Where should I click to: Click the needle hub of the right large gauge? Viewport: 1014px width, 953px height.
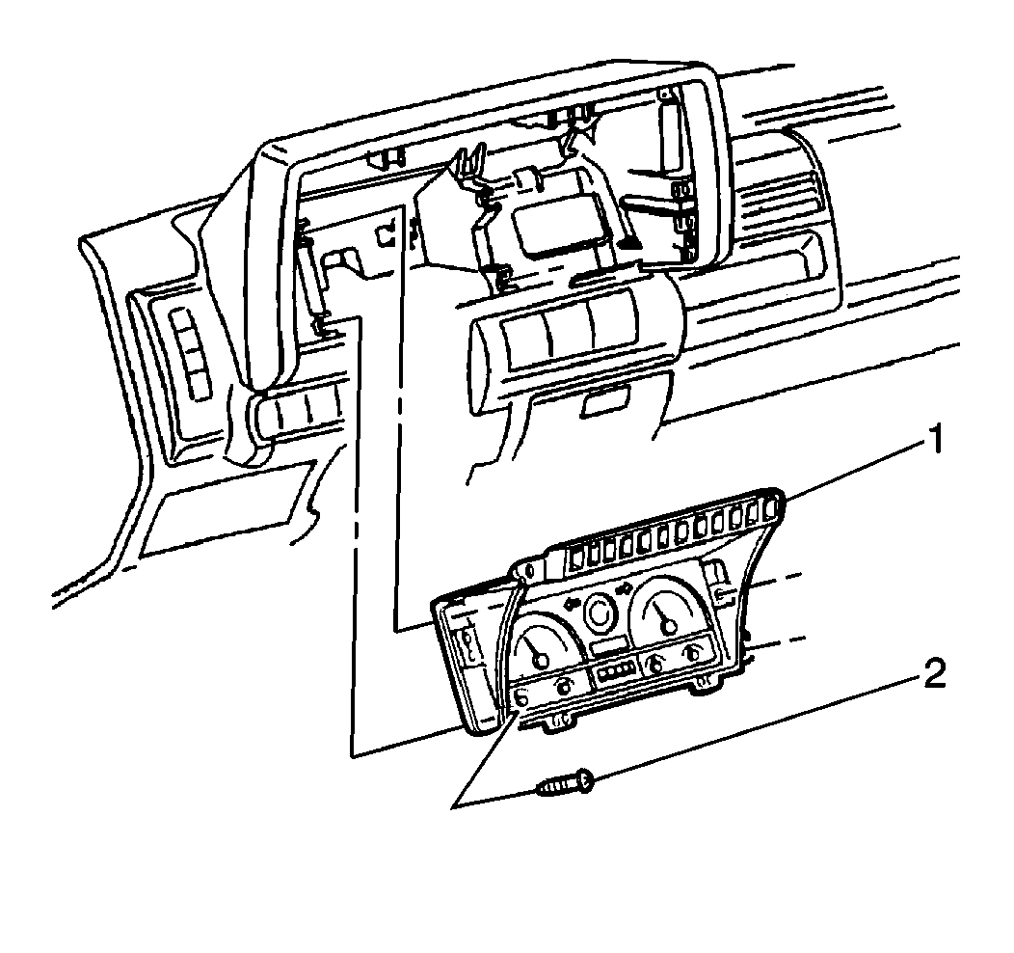(668, 627)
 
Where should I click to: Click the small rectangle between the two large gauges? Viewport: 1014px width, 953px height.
(609, 644)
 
